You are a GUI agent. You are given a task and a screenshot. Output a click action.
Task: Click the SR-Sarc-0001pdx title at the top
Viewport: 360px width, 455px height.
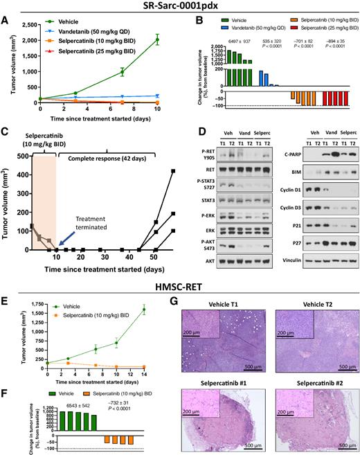pyautogui.click(x=181, y=6)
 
